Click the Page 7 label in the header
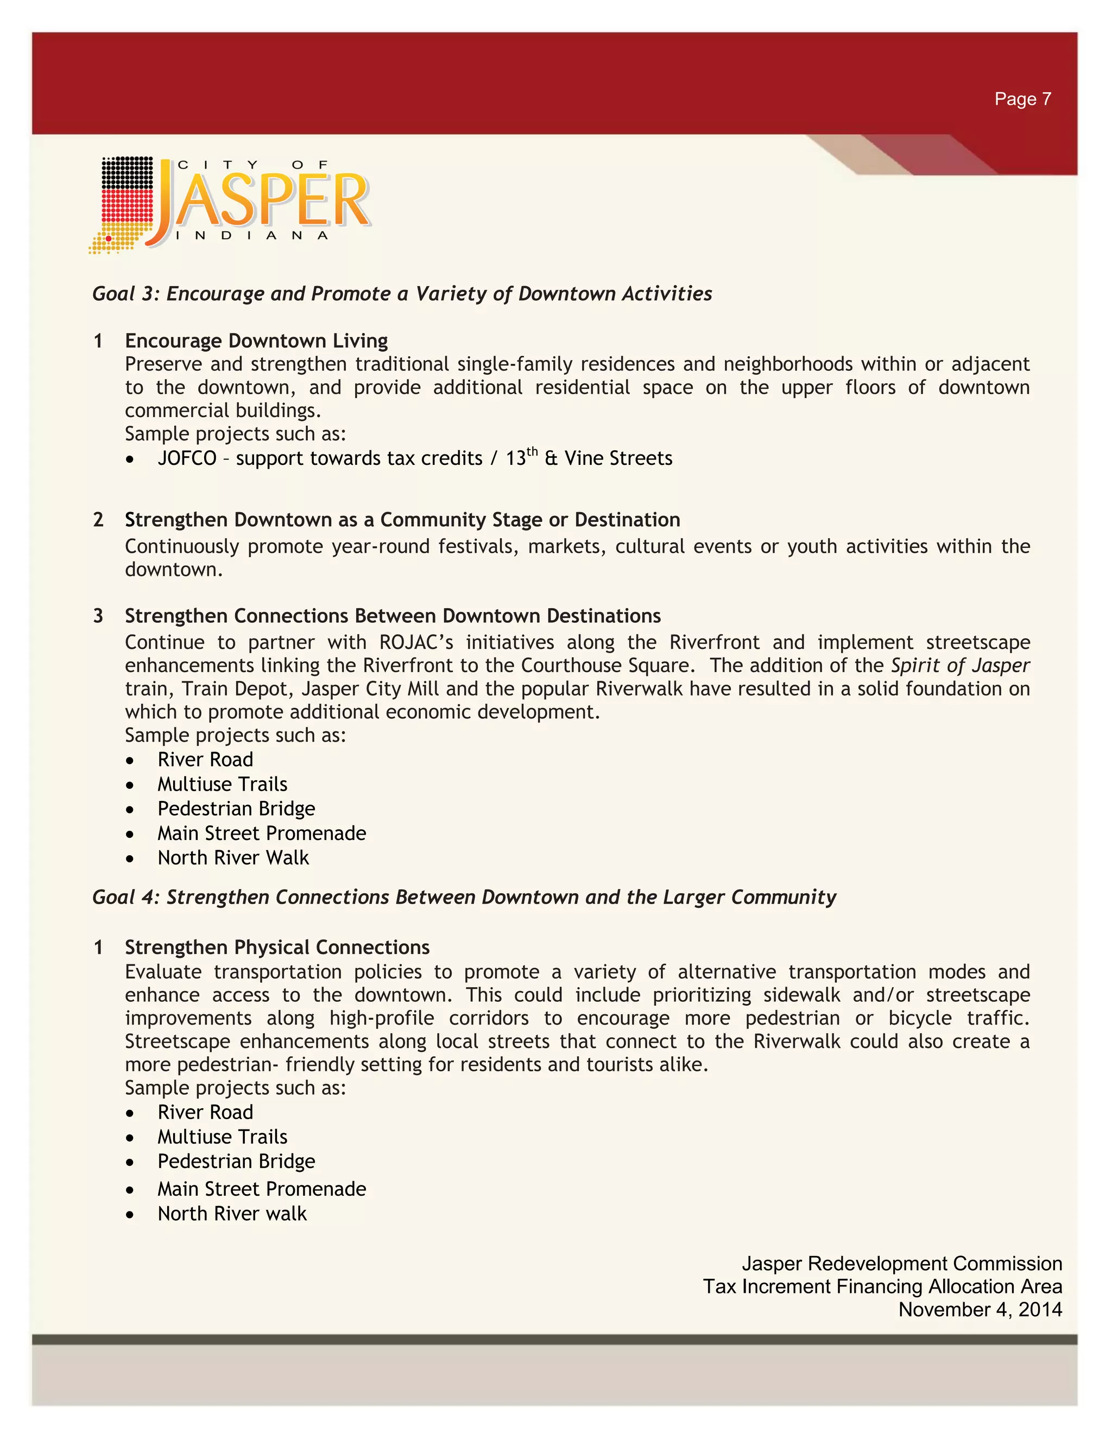[x=1022, y=99]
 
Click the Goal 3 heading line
[x=402, y=293]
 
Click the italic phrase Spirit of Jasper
[x=960, y=666]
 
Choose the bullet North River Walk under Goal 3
[x=232, y=858]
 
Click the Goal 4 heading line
[x=464, y=898]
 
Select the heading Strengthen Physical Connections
[x=277, y=948]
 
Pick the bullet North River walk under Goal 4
[x=232, y=1214]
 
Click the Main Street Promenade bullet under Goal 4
[x=262, y=1189]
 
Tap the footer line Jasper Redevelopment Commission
[x=901, y=1264]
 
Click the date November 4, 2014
[x=980, y=1310]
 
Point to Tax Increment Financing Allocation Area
[x=882, y=1287]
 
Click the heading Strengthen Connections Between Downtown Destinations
[x=393, y=616]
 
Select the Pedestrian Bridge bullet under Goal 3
[x=236, y=809]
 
